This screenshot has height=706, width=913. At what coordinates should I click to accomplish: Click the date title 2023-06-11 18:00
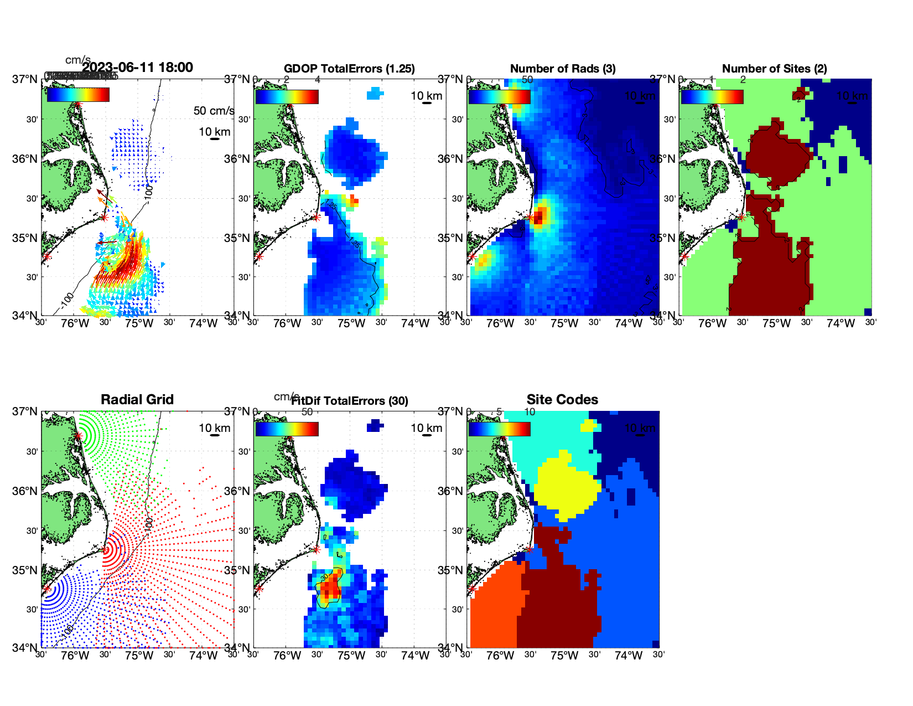tap(137, 68)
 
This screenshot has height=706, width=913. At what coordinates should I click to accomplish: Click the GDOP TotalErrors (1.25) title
tap(349, 69)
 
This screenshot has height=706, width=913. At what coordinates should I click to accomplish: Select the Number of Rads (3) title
tap(563, 69)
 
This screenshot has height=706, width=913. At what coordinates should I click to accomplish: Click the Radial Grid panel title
tap(137, 400)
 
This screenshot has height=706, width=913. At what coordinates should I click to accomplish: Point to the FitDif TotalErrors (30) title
tap(350, 401)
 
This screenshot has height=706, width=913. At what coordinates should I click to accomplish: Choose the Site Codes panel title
tap(562, 400)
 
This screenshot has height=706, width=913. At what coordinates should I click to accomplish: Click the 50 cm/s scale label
tap(214, 111)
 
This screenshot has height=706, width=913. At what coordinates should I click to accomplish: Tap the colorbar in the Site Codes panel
tap(499, 429)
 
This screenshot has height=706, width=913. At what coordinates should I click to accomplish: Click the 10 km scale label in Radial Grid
tap(215, 428)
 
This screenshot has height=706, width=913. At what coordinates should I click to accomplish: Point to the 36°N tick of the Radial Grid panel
tap(24, 491)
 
